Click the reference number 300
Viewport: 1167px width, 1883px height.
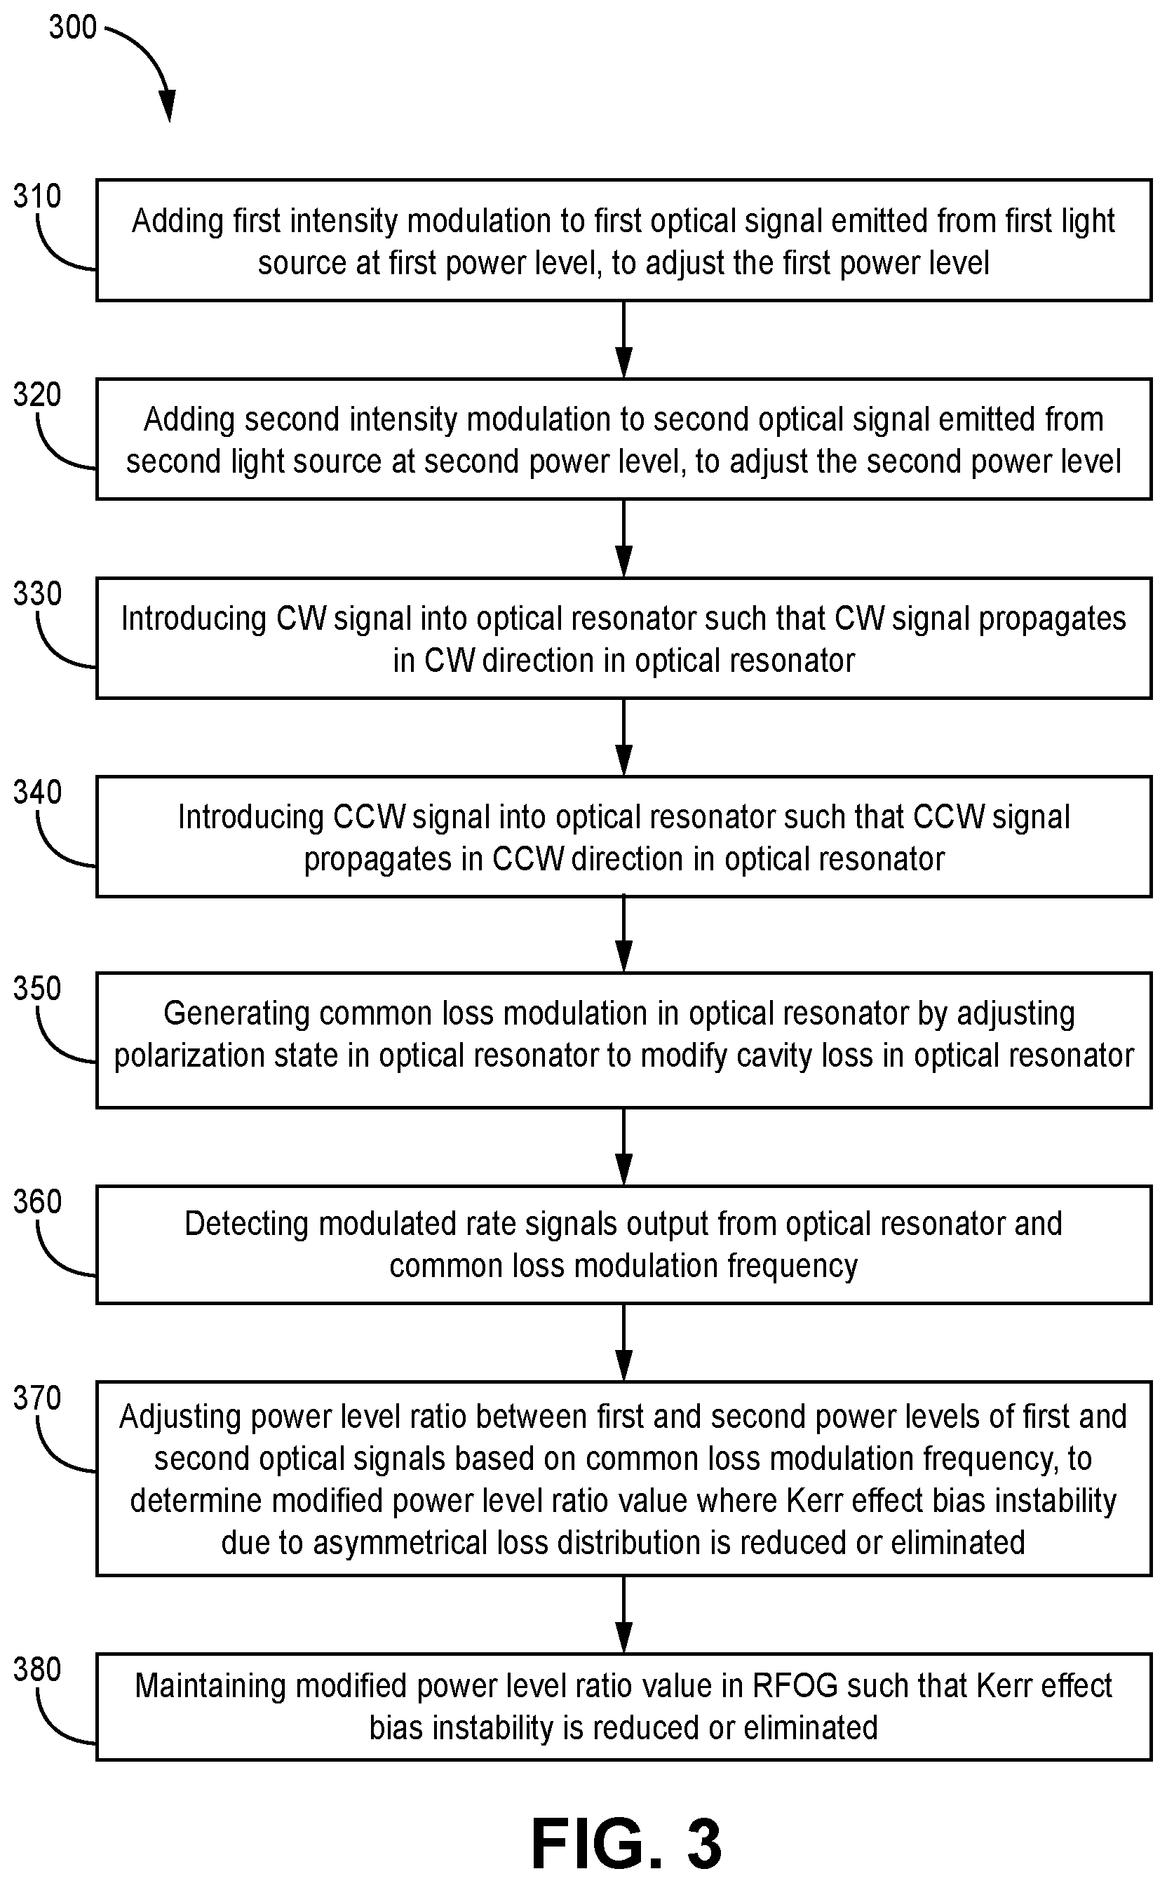point(72,28)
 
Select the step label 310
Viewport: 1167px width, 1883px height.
point(37,196)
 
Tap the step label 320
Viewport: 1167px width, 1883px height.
point(37,394)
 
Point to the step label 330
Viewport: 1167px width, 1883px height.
point(37,593)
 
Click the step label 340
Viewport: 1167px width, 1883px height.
point(37,792)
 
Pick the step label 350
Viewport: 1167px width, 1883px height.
point(37,989)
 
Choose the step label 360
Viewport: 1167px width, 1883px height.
point(37,1201)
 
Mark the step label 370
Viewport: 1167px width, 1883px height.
point(37,1398)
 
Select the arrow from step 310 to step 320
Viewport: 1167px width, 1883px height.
point(623,339)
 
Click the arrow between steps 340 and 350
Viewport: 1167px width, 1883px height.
point(623,935)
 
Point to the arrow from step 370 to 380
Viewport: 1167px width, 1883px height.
point(623,1614)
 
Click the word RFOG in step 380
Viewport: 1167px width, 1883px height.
point(795,1685)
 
